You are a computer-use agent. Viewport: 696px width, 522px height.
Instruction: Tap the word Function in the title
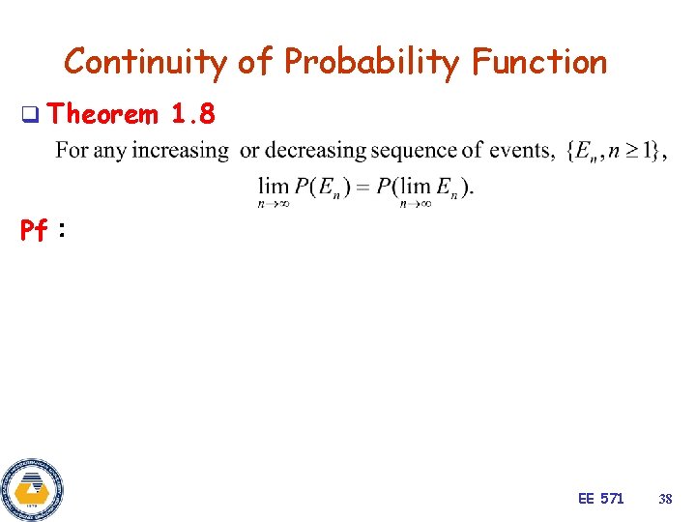click(539, 62)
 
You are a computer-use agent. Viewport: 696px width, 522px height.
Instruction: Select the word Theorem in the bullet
click(102, 115)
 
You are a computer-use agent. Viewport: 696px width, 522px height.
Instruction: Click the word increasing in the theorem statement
click(181, 151)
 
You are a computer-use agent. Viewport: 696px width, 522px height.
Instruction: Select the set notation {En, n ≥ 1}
click(616, 151)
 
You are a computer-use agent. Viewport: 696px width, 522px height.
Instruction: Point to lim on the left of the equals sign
click(274, 185)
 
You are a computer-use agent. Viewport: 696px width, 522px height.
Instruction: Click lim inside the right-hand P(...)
click(416, 185)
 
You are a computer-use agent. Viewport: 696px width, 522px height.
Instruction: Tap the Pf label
click(35, 231)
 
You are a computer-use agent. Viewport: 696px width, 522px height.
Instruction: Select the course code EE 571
click(600, 499)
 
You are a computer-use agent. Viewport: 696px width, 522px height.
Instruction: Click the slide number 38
click(665, 499)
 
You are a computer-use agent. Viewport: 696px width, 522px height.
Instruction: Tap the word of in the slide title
click(256, 62)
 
